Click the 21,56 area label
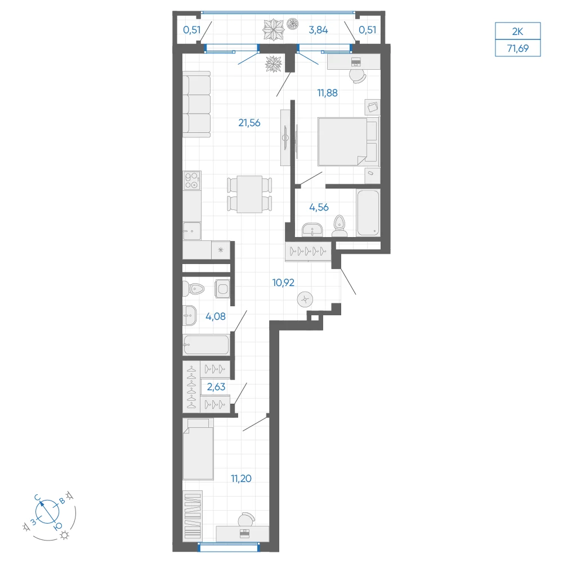(x=249, y=123)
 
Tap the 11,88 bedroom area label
(x=327, y=93)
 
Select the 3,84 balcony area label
(x=318, y=30)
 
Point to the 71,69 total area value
(x=518, y=48)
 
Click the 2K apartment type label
(x=517, y=32)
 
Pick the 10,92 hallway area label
(x=283, y=283)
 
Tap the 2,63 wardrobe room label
(x=216, y=387)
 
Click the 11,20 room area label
(x=241, y=478)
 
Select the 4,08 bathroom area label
(x=216, y=316)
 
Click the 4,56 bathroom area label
(x=319, y=207)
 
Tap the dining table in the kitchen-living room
(x=249, y=194)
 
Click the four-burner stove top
(x=192, y=181)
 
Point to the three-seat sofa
(x=196, y=105)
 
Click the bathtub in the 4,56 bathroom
(x=368, y=213)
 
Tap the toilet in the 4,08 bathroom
(x=194, y=288)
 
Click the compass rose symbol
(x=47, y=512)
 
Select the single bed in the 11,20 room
(x=198, y=449)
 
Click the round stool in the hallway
(x=305, y=299)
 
